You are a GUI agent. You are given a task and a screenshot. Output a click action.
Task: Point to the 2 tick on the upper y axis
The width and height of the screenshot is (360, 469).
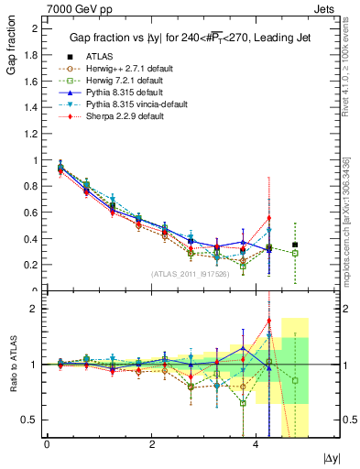(35, 28)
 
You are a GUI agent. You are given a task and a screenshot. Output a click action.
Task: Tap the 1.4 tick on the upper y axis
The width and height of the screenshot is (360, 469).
(32, 107)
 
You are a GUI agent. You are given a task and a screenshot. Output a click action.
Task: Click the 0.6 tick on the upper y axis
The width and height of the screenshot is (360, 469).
(32, 213)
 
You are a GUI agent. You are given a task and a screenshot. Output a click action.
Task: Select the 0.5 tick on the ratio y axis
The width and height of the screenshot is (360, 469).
(32, 420)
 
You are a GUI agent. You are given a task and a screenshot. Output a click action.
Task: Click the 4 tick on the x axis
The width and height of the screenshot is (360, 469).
(257, 444)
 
